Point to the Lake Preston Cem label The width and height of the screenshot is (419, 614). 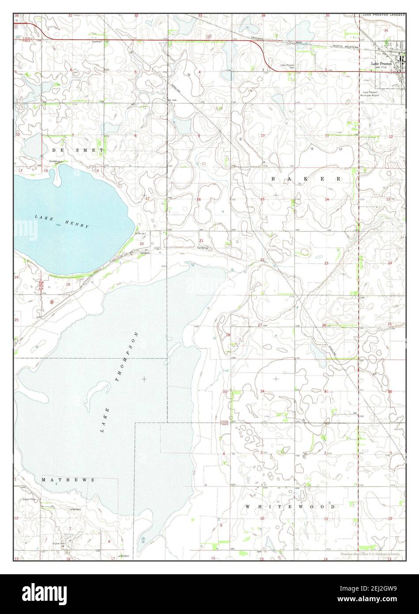pos(287,66)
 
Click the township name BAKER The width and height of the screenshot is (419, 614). pos(306,179)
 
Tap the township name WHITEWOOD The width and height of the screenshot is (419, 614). pos(290,506)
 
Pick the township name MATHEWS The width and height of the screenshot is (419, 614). pos(68,479)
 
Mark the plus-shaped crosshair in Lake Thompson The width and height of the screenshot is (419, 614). pos(144,379)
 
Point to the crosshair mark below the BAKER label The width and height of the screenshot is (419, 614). pos(276,194)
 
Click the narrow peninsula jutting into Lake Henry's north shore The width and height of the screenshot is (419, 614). pos(57,176)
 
